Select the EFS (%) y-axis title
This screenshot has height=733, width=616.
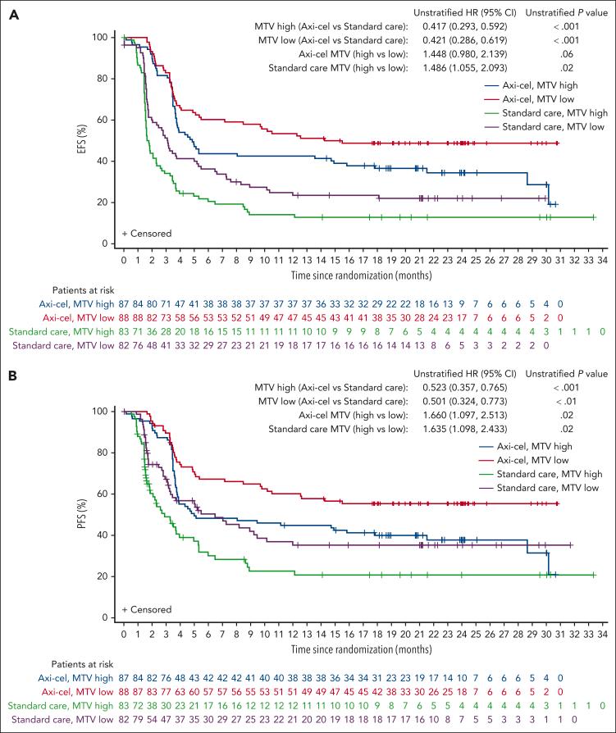pyautogui.click(x=96, y=140)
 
